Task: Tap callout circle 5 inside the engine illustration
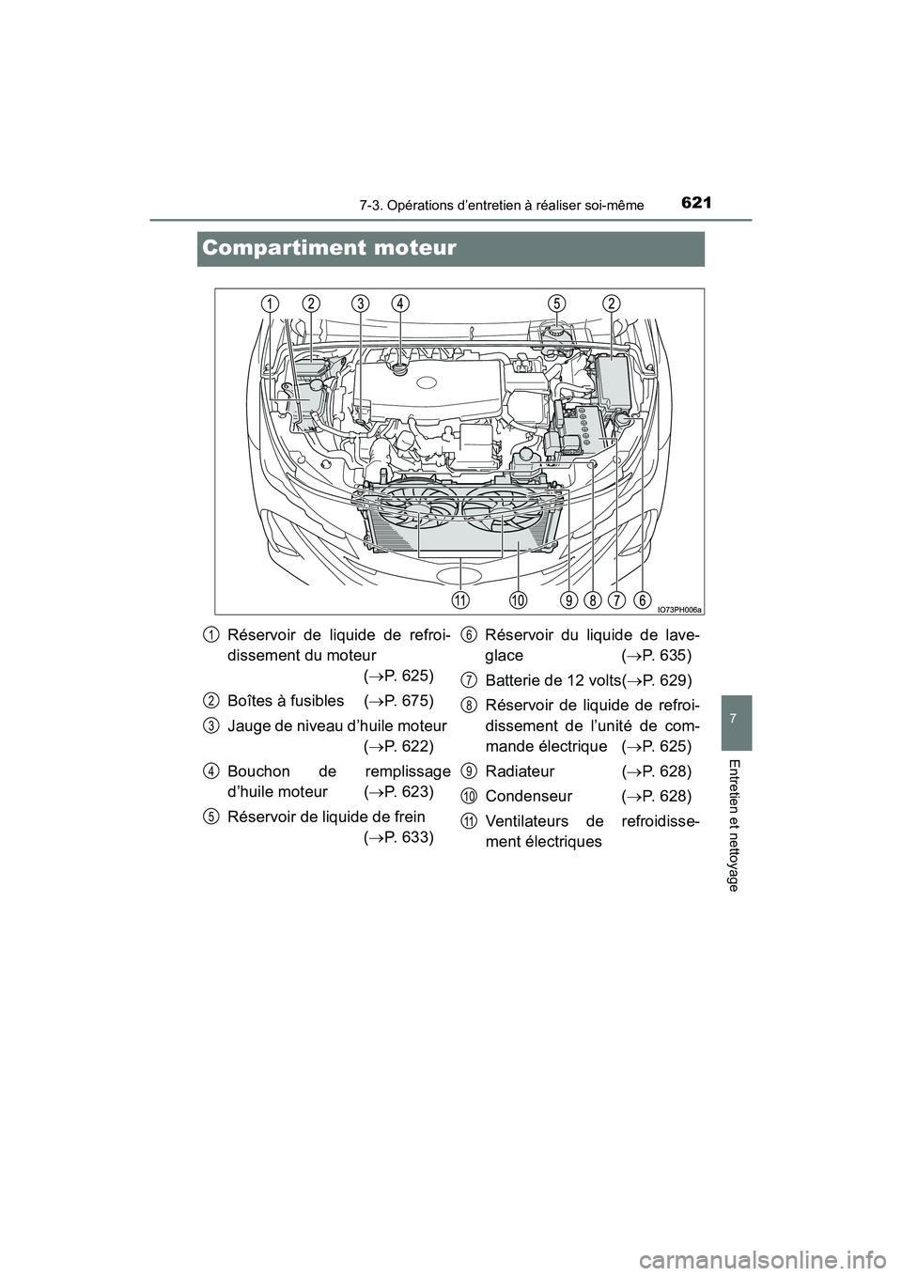(557, 303)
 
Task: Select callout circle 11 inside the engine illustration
(460, 599)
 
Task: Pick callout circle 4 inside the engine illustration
(401, 303)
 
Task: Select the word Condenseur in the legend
(529, 797)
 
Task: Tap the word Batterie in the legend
(514, 679)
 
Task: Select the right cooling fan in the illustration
(503, 513)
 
